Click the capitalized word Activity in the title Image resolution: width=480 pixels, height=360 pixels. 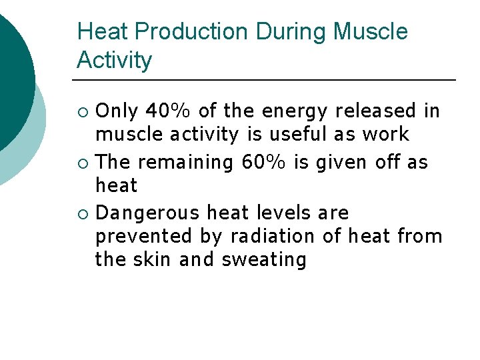point(114,61)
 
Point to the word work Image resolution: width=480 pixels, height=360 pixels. point(385,134)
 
